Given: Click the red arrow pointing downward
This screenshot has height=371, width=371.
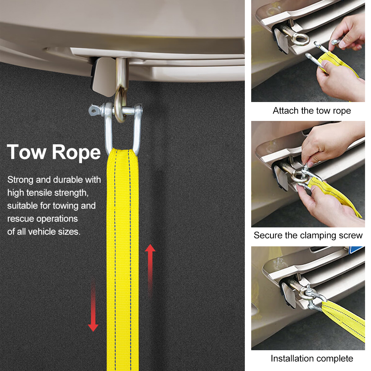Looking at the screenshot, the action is [x=93, y=305].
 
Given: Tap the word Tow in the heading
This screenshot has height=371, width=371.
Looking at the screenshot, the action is [x=26, y=152].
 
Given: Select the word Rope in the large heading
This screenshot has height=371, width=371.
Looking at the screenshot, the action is [x=76, y=153].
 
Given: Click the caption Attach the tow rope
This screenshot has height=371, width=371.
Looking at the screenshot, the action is [x=312, y=111].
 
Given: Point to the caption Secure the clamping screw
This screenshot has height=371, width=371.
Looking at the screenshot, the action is [x=308, y=235].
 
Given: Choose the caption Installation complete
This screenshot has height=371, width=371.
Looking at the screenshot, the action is [x=312, y=358].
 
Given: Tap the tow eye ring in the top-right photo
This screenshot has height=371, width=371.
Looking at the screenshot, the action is [x=300, y=39].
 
